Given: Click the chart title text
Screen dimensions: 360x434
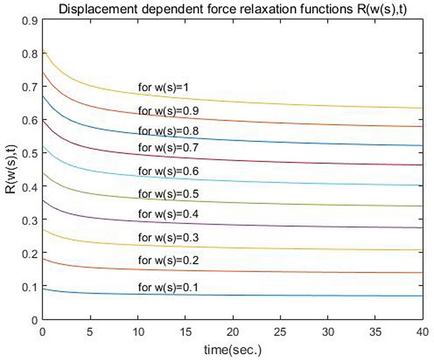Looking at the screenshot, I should pyautogui.click(x=231, y=9).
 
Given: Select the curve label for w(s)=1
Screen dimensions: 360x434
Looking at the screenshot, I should pyautogui.click(x=162, y=87).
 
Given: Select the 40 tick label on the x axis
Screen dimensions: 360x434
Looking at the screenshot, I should pyautogui.click(x=422, y=331).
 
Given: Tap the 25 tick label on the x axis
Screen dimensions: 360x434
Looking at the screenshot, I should pyautogui.click(x=280, y=331).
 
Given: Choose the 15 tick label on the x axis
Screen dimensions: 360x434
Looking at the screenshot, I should pyautogui.click(x=185, y=331).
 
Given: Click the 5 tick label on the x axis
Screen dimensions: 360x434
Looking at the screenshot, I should pyautogui.click(x=90, y=331).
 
